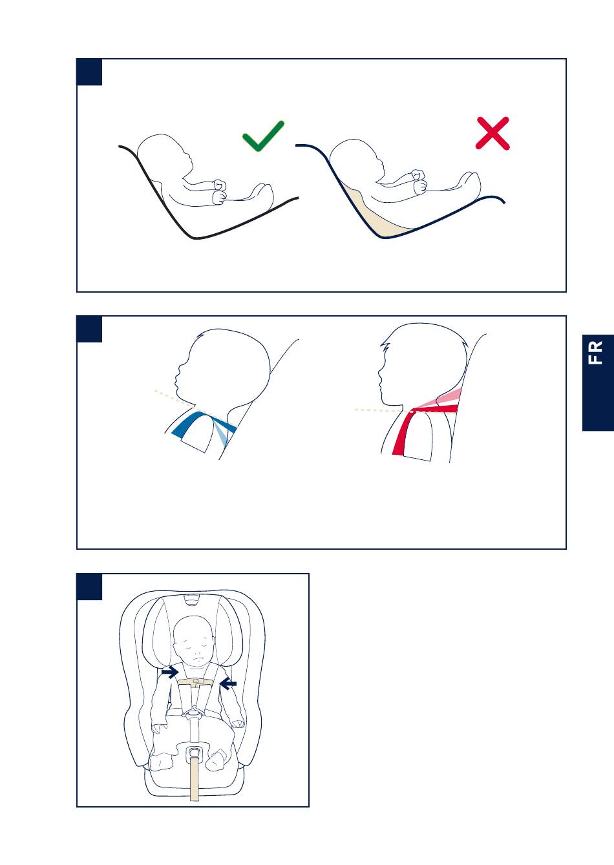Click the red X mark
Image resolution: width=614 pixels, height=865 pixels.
(492, 133)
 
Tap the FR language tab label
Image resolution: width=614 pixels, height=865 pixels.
(595, 352)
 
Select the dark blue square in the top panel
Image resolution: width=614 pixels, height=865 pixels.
(89, 72)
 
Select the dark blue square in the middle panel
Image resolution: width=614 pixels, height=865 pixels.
(89, 329)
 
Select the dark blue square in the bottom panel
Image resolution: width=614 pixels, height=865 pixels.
(89, 587)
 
